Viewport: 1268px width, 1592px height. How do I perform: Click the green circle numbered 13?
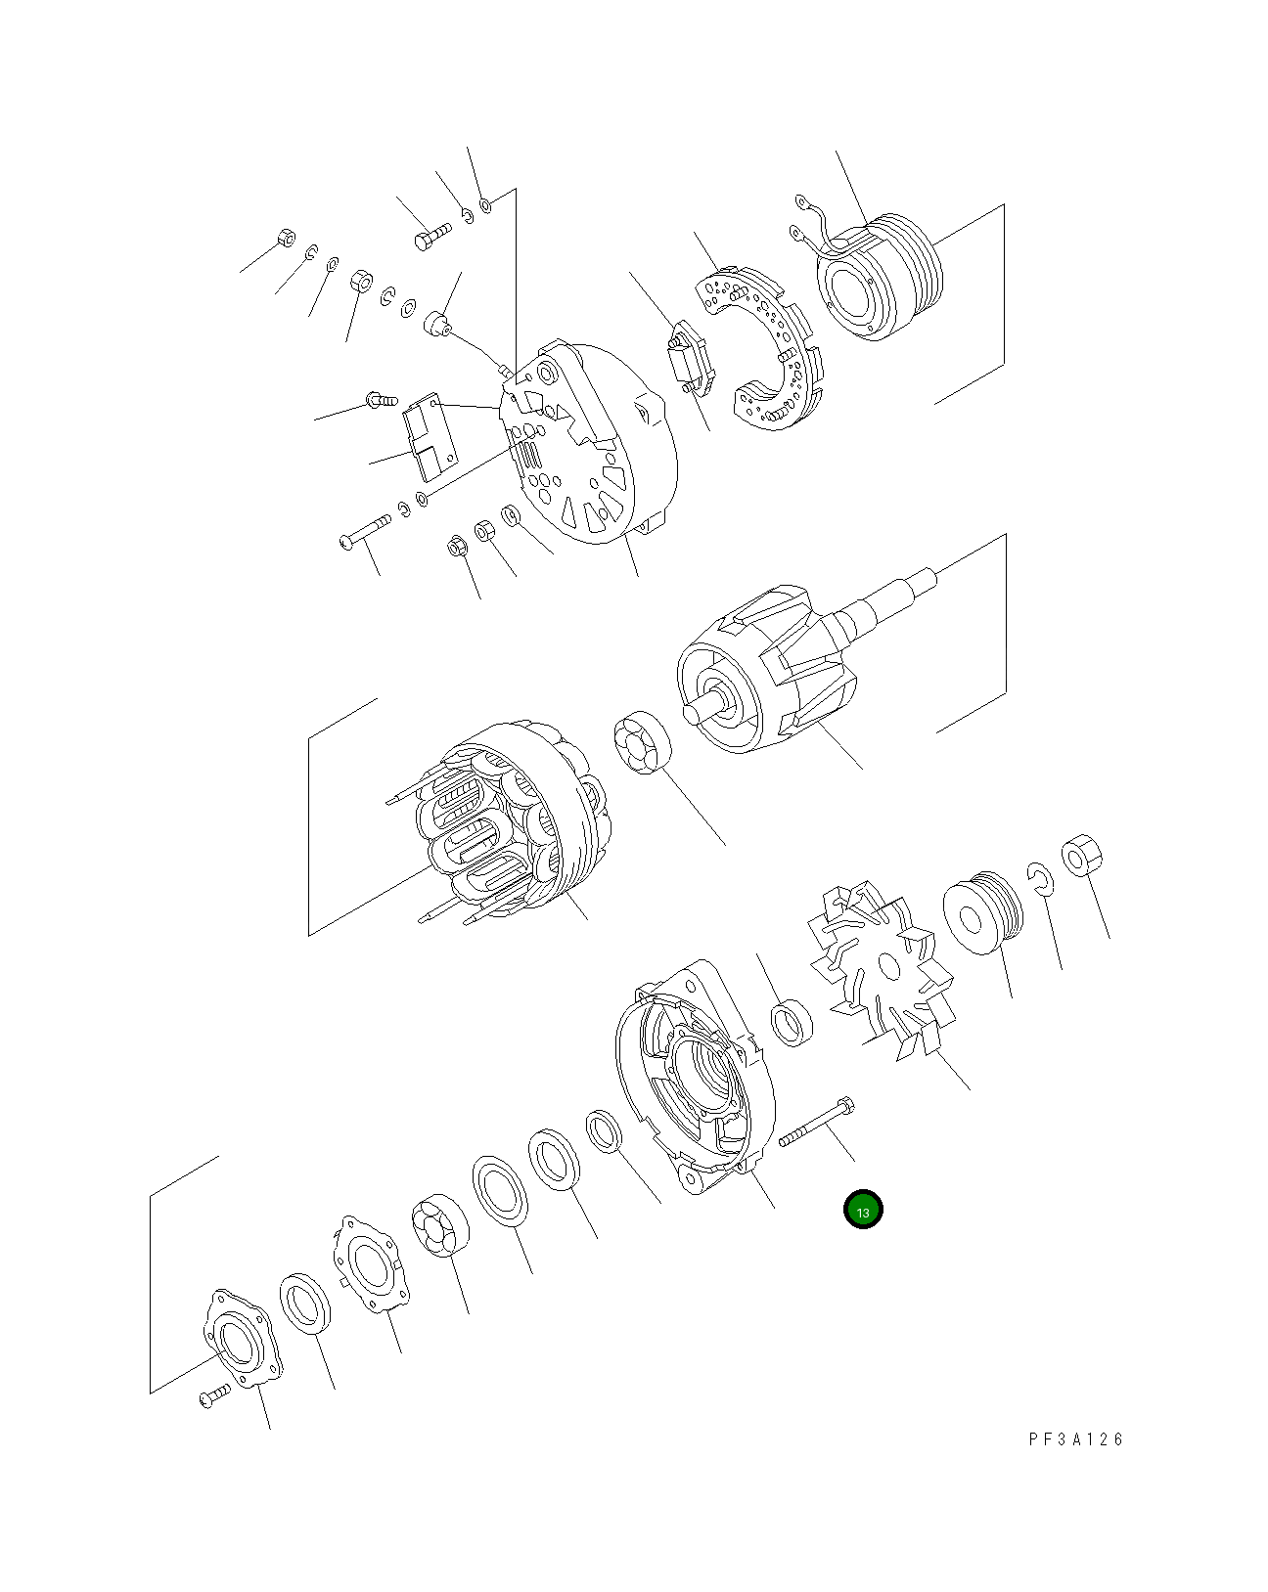[x=863, y=1210]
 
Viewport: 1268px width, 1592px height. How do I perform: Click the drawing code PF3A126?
[x=1076, y=1438]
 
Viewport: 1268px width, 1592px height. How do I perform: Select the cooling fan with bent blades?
[x=881, y=968]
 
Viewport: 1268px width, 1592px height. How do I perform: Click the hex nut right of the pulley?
[x=1081, y=857]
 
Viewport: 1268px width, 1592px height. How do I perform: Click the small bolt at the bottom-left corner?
[x=213, y=1396]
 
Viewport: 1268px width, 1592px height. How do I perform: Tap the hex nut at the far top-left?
[x=286, y=237]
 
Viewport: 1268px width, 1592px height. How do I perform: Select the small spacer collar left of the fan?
[x=792, y=1022]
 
